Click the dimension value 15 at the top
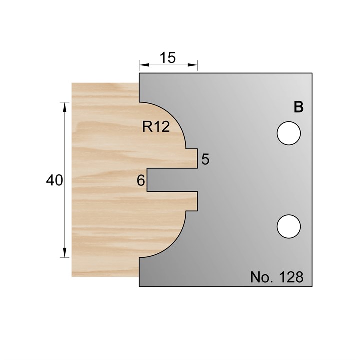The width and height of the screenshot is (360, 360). click(x=168, y=58)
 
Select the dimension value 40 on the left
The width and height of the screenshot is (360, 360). click(x=54, y=180)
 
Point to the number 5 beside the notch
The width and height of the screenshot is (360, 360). click(x=205, y=160)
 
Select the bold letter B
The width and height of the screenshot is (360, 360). click(x=298, y=107)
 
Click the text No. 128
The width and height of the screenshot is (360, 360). click(x=276, y=277)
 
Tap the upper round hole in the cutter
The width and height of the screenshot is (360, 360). click(x=289, y=134)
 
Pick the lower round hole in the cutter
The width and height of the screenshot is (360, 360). click(x=289, y=226)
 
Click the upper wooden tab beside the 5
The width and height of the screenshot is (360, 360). click(x=191, y=158)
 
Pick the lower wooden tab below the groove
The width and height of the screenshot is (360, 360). click(x=191, y=201)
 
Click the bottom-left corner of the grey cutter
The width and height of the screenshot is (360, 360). click(x=139, y=287)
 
